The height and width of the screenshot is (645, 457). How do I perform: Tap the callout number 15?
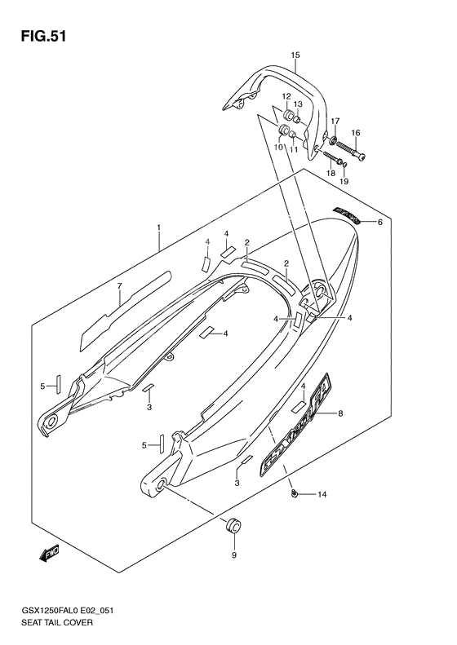point(295,55)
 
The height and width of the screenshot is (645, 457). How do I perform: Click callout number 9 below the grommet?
point(233,555)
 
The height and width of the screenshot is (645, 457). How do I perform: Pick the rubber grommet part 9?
point(233,526)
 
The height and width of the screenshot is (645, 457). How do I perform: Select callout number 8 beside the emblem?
point(340,414)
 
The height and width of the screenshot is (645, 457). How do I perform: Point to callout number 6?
point(378,221)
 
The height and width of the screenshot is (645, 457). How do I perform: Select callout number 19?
point(344,181)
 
